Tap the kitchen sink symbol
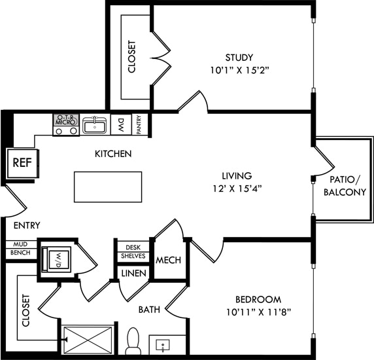[95, 124]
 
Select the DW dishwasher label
[122, 124]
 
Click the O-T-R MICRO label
[66, 120]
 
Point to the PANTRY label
[139, 124]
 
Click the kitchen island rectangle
[108, 187]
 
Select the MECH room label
[168, 261]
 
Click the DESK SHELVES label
[133, 251]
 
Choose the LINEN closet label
[133, 272]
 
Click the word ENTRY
[27, 225]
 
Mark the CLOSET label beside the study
[132, 57]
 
